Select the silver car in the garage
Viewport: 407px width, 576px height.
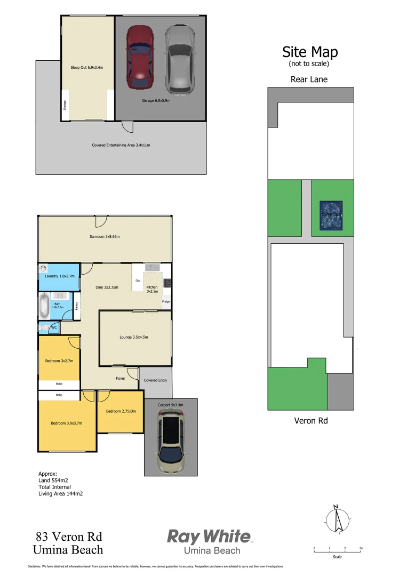pyautogui.click(x=178, y=59)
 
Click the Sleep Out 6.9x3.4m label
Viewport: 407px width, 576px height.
pyautogui.click(x=86, y=68)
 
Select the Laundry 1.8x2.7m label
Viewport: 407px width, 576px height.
pyautogui.click(x=60, y=276)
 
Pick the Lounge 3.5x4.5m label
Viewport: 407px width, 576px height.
pyautogui.click(x=133, y=337)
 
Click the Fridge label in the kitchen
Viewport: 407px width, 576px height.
pyautogui.click(x=166, y=302)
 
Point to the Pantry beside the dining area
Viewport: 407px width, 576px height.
pyautogui.click(x=77, y=306)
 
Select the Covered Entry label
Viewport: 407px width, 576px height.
pyautogui.click(x=155, y=380)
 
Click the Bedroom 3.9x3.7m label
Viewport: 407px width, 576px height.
pyautogui.click(x=66, y=423)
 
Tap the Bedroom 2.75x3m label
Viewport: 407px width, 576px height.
pyautogui.click(x=121, y=411)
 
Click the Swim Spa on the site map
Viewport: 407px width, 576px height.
pyautogui.click(x=331, y=215)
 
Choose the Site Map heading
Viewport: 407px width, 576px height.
pyautogui.click(x=310, y=52)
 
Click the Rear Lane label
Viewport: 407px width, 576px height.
pyautogui.click(x=309, y=79)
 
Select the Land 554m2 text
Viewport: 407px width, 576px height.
pyautogui.click(x=53, y=480)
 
